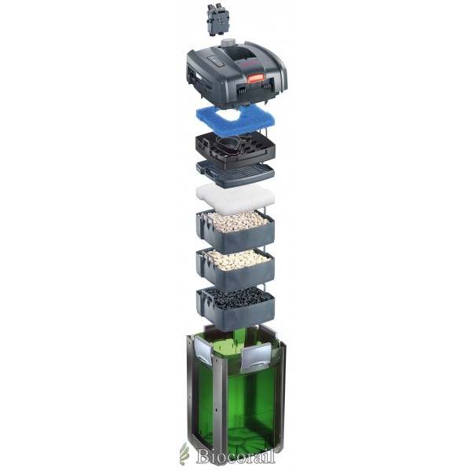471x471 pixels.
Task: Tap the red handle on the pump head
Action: pos(256,78)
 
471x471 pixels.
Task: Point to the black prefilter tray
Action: pos(235,148)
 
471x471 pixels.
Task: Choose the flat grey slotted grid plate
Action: pos(235,173)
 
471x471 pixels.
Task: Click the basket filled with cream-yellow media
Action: pos(235,268)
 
